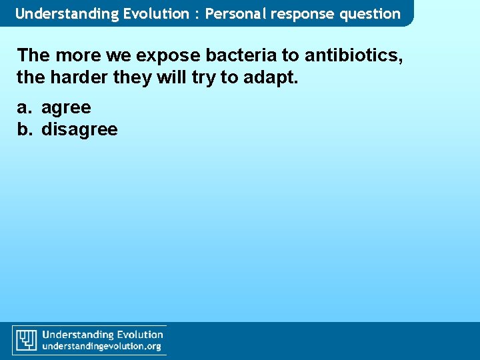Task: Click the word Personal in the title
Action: (235, 13)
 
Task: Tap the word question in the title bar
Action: (368, 13)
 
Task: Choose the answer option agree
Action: (66, 108)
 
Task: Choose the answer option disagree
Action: (79, 129)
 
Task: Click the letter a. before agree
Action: (25, 108)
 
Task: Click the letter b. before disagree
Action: (25, 129)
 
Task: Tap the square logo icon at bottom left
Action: (27, 339)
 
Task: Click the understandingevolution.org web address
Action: (102, 347)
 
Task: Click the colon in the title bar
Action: (197, 14)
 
